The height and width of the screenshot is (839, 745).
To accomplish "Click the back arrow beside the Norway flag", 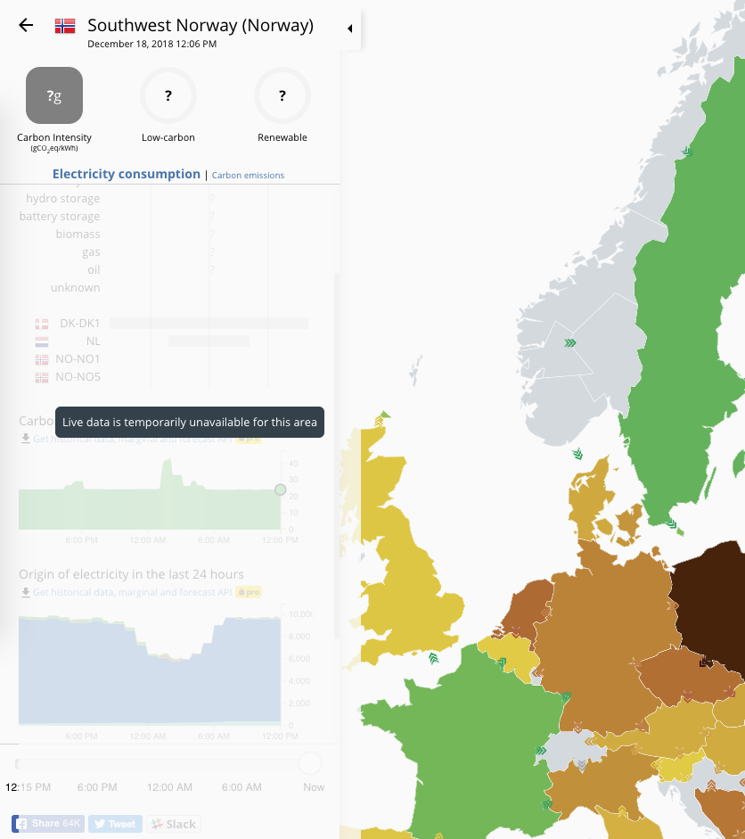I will pyautogui.click(x=26, y=25).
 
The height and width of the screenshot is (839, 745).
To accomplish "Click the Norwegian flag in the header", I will pyautogui.click(x=65, y=26).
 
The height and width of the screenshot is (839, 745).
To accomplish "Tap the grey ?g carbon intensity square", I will pyautogui.click(x=54, y=95).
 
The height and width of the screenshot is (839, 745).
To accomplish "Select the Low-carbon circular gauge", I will pyautogui.click(x=168, y=95).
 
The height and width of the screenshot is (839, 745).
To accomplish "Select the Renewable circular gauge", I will pyautogui.click(x=282, y=95).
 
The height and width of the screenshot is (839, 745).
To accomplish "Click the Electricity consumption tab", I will pyautogui.click(x=127, y=174).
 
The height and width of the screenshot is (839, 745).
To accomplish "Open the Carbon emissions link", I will pyautogui.click(x=248, y=176).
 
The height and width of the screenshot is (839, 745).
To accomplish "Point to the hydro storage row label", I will pyautogui.click(x=62, y=198).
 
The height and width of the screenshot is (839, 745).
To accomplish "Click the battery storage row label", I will pyautogui.click(x=60, y=216).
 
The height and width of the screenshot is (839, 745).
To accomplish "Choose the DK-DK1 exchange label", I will pyautogui.click(x=79, y=323).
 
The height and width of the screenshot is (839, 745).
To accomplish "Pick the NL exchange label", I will pyautogui.click(x=93, y=341).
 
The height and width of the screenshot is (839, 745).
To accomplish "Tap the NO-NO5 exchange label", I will pyautogui.click(x=78, y=376).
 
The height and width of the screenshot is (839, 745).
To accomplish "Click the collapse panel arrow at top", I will pyautogui.click(x=349, y=29).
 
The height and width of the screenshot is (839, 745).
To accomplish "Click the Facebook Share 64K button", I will pyautogui.click(x=48, y=824).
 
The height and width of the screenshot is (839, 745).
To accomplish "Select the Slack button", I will pyautogui.click(x=173, y=824).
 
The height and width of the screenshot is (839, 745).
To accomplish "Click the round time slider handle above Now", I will pyautogui.click(x=310, y=763).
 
